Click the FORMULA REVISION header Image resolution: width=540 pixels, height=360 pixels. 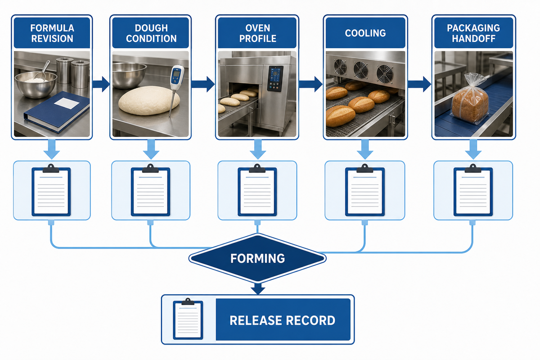click(52, 33)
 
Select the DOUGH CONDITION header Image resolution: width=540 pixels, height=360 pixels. click(151, 33)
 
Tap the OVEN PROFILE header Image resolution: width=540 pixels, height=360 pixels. click(257, 33)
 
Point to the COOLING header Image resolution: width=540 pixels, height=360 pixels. click(365, 33)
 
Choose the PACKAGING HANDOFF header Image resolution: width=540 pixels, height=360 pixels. click(474, 33)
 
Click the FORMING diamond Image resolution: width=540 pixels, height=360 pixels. click(257, 258)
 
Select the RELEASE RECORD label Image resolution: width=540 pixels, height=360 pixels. click(283, 320)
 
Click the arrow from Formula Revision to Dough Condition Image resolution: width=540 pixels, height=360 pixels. click(101, 84)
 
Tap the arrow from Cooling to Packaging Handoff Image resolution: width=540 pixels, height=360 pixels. click(419, 84)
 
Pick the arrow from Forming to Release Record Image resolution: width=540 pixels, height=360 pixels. click(258, 288)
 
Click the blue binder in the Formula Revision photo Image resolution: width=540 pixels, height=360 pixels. click(57, 112)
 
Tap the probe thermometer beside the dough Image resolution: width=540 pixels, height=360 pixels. click(175, 90)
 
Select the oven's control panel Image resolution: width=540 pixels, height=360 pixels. click(275, 79)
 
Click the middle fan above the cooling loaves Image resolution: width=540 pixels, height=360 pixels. click(361, 70)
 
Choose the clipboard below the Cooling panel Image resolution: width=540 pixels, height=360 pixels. click(365, 190)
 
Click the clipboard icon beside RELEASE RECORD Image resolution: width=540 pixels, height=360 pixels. click(188, 319)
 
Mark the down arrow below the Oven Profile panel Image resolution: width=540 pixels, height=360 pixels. click(258, 149)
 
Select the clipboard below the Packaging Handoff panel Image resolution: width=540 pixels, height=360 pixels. click(473, 190)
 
